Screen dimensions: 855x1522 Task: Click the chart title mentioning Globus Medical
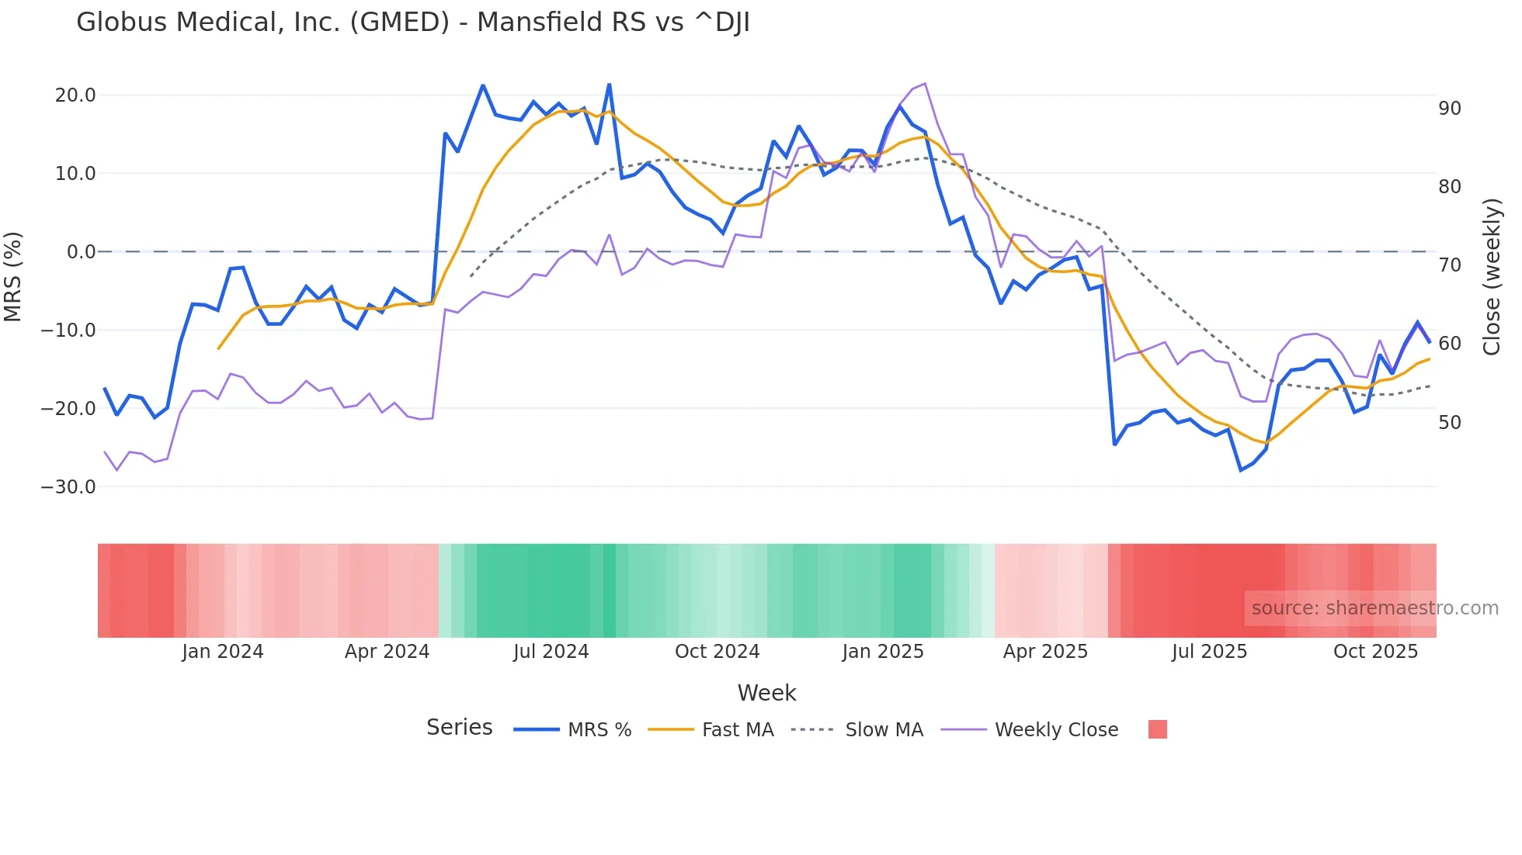click(413, 22)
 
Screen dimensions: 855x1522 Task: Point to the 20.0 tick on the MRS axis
click(75, 95)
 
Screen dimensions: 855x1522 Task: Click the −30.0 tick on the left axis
click(68, 487)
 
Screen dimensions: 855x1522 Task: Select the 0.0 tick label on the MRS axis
click(82, 252)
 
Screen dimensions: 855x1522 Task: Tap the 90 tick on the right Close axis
click(1450, 109)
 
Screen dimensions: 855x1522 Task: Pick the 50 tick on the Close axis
click(1450, 423)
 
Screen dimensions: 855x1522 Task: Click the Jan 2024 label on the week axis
click(223, 652)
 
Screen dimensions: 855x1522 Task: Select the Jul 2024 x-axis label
click(551, 652)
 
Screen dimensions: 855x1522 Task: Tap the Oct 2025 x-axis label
click(1375, 652)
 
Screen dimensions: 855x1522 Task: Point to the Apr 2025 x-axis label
click(1045, 652)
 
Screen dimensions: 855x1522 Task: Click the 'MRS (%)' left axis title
click(13, 276)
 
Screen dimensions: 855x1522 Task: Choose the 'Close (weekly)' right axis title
click(1492, 277)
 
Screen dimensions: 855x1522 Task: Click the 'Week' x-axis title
click(766, 693)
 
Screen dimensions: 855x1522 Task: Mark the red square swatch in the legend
click(1158, 729)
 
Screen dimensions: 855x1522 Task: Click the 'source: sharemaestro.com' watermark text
click(1374, 608)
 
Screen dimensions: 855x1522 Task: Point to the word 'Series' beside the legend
click(459, 728)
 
